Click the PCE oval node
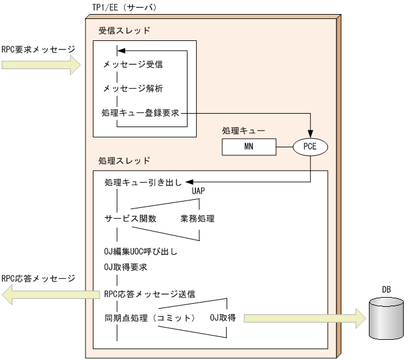click(x=311, y=147)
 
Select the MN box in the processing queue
click(x=249, y=147)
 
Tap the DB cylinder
click(x=386, y=319)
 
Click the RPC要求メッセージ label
click(x=38, y=48)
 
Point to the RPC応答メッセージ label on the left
click(x=38, y=279)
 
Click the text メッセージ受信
click(x=133, y=64)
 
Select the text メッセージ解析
click(x=133, y=88)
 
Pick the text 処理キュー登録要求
click(x=141, y=113)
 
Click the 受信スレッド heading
click(x=124, y=30)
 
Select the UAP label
click(x=199, y=191)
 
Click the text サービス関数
click(x=130, y=218)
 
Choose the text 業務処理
click(x=197, y=218)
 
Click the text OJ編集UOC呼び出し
click(x=141, y=251)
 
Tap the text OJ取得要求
click(x=126, y=267)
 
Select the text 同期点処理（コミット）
click(x=150, y=318)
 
